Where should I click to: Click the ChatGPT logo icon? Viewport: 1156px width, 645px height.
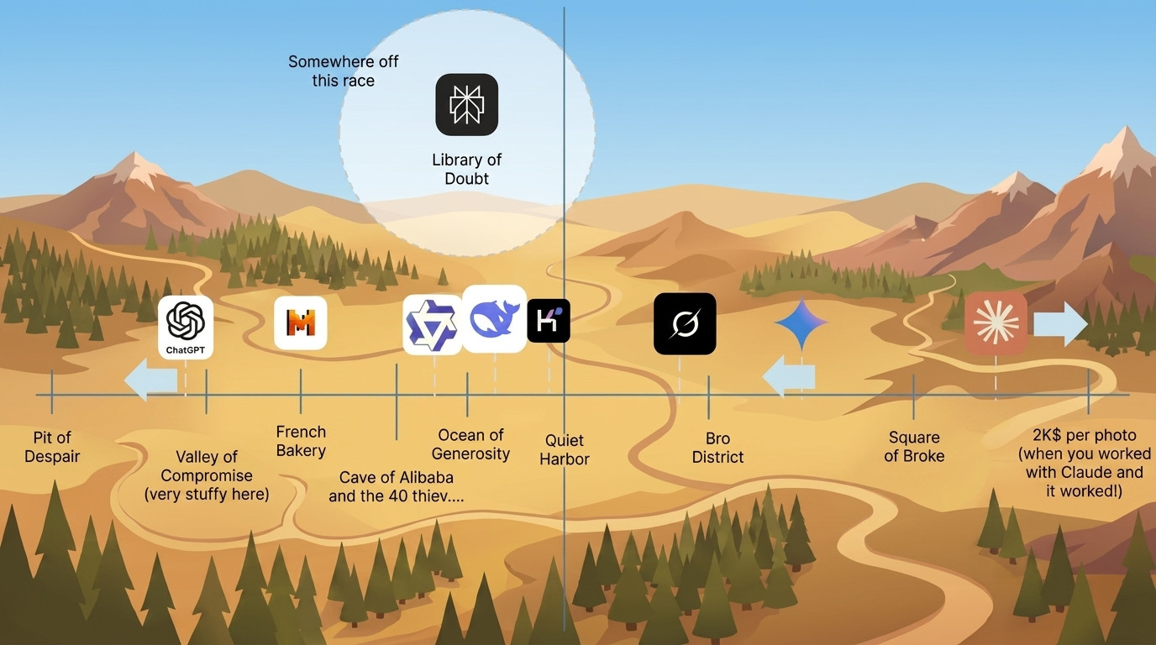click(186, 328)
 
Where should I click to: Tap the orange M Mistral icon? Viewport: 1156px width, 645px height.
click(301, 323)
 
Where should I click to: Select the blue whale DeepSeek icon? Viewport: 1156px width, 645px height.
click(494, 319)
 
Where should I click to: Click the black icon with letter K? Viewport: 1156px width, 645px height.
click(549, 321)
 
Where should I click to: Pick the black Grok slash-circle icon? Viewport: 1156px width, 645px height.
click(685, 324)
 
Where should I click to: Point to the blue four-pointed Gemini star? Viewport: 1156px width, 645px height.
click(801, 323)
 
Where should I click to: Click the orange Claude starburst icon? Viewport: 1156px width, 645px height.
click(996, 323)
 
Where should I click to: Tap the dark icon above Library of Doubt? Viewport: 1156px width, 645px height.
click(466, 105)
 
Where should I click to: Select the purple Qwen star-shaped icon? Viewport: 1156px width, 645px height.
click(433, 325)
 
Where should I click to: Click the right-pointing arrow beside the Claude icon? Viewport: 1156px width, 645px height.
click(1060, 324)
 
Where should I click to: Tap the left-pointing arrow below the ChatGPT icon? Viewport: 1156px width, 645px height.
click(150, 380)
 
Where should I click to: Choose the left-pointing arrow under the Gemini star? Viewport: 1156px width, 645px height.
click(789, 377)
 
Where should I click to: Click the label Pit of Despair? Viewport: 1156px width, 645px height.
click(52, 447)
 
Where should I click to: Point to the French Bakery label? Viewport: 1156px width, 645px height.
click(301, 441)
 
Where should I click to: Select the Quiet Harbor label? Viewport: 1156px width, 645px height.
click(565, 449)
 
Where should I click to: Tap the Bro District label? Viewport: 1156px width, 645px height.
click(717, 448)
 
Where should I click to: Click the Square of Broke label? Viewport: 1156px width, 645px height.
click(914, 446)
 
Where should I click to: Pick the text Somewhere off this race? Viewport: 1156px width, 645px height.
click(343, 71)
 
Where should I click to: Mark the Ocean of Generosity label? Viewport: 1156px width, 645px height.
click(470, 444)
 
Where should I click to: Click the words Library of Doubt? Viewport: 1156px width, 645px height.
click(466, 169)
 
